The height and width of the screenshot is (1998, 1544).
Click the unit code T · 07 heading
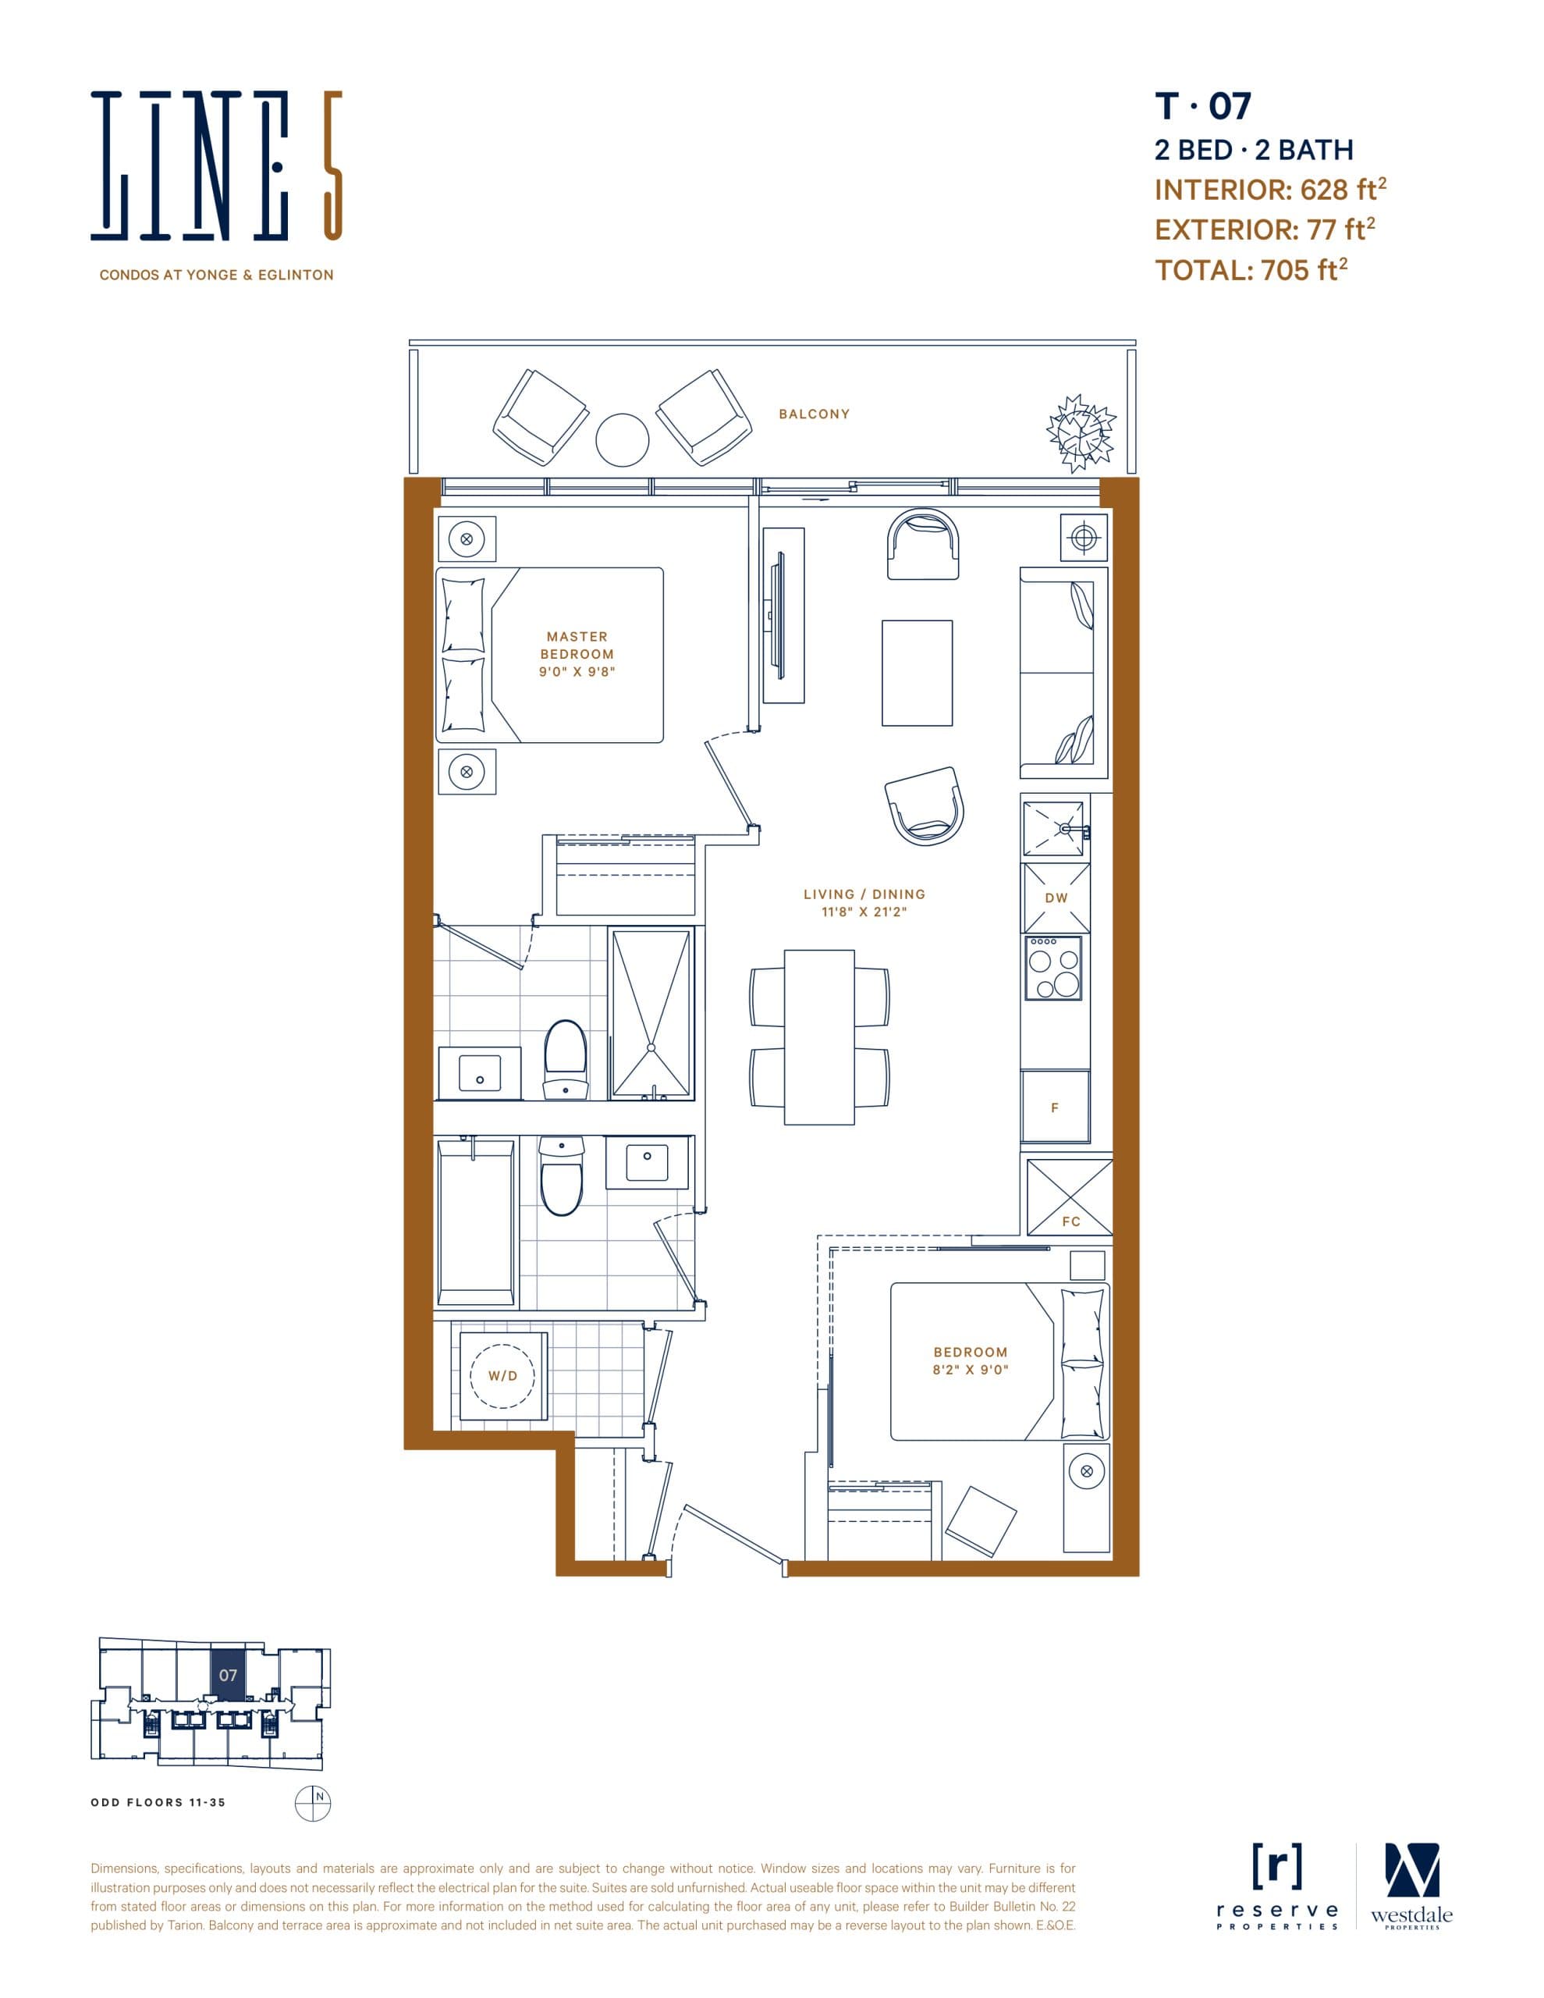[x=1202, y=107]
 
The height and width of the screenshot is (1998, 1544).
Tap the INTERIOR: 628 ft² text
[x=1269, y=190]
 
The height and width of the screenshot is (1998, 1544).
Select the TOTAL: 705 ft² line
[x=1251, y=270]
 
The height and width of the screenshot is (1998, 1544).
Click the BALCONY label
[x=814, y=414]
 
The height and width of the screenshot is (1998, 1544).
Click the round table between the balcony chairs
[x=622, y=439]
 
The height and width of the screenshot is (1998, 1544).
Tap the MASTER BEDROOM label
[x=577, y=645]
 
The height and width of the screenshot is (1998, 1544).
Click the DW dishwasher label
[x=1056, y=898]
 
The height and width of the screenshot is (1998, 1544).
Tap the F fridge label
[x=1055, y=1107]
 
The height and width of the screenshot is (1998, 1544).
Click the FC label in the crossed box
[x=1070, y=1221]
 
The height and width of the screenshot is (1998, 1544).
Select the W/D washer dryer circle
[x=502, y=1375]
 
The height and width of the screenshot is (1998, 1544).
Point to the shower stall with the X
[x=651, y=1013]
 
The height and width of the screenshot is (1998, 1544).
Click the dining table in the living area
[x=818, y=1036]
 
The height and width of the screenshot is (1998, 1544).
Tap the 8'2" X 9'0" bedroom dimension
[x=970, y=1370]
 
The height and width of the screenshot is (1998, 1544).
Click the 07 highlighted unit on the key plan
[x=228, y=1675]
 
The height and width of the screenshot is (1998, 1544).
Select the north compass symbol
[x=312, y=1802]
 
